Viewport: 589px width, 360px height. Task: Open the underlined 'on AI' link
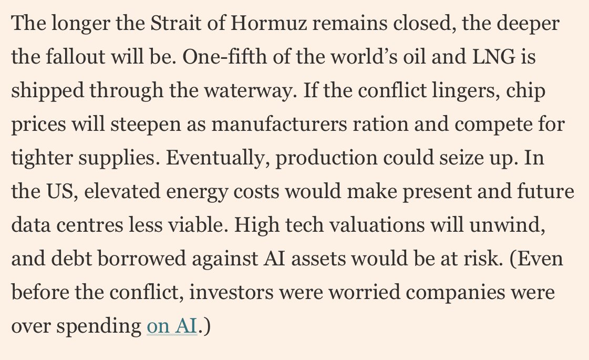pyautogui.click(x=172, y=326)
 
